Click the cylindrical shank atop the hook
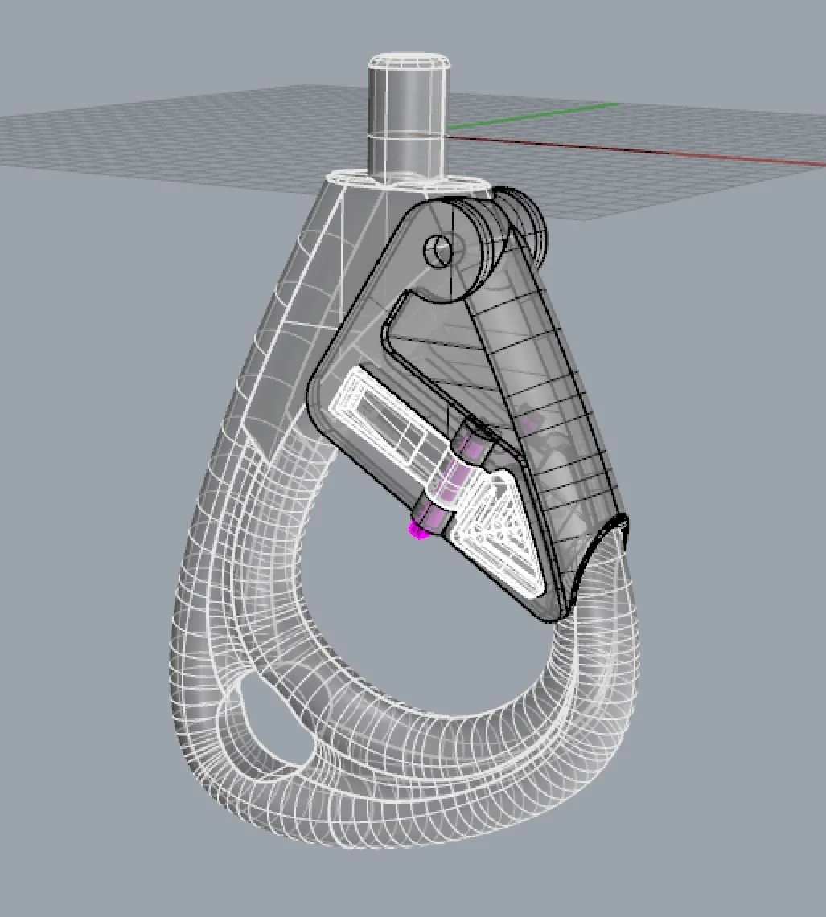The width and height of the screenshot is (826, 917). (x=406, y=121)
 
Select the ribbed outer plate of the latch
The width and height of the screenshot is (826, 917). (x=555, y=418)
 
